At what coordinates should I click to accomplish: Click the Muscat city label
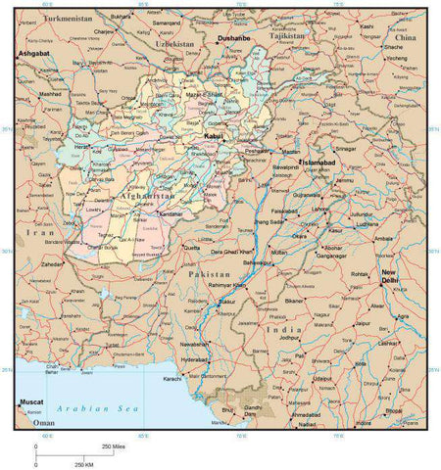[31, 401]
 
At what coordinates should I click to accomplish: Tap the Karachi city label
[173, 377]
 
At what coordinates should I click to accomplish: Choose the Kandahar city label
[171, 213]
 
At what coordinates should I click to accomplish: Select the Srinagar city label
[346, 148]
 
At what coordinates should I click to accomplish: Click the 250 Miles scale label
[113, 446]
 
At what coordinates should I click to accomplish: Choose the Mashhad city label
[49, 95]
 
